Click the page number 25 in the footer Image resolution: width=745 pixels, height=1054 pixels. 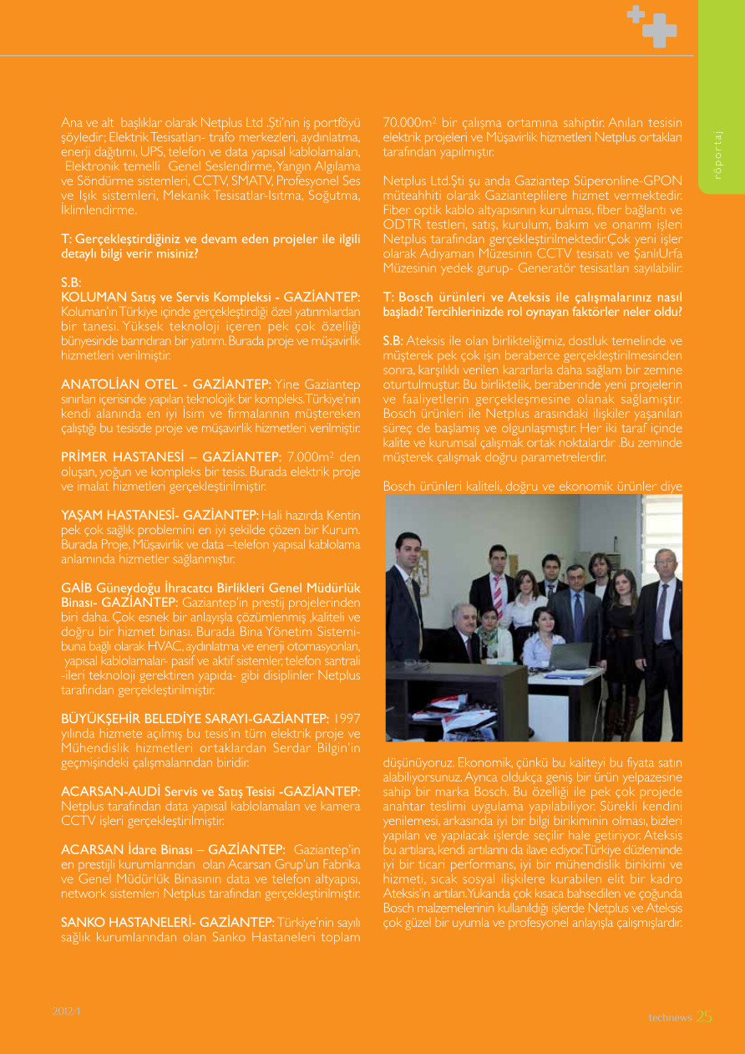coord(704,1016)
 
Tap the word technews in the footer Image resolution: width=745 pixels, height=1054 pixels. coord(671,1017)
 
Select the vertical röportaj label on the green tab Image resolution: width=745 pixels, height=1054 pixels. coord(717,155)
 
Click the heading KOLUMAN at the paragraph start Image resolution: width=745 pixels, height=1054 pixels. coord(90,297)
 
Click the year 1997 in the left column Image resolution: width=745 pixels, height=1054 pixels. coord(347,718)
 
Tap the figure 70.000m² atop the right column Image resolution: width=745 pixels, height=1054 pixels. coord(409,122)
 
